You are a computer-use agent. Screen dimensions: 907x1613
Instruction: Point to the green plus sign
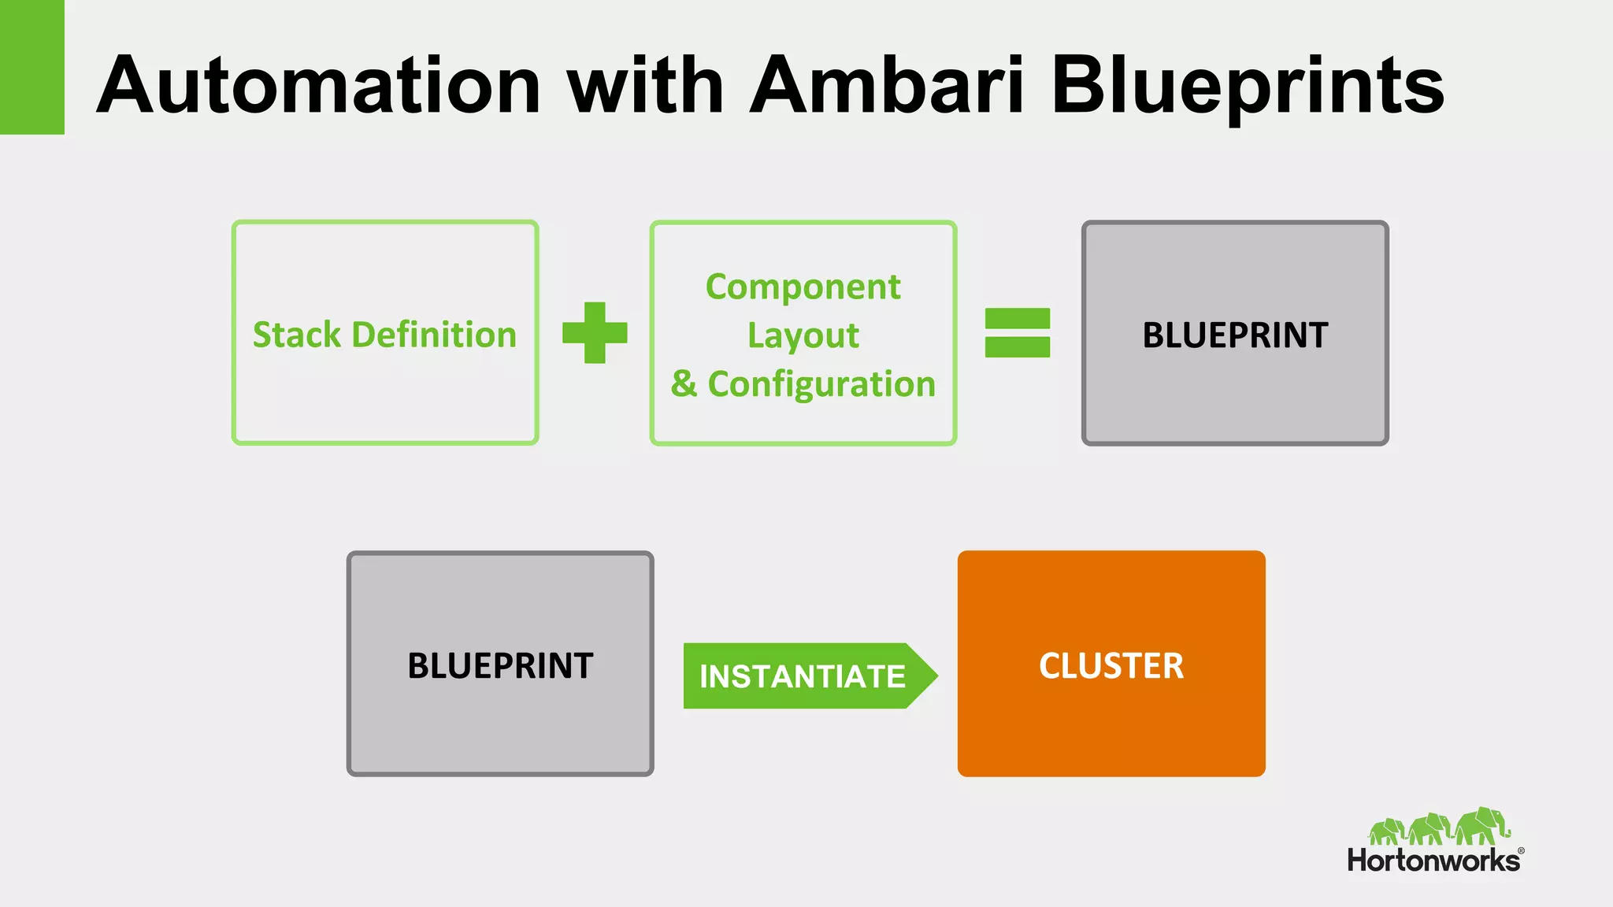pyautogui.click(x=595, y=333)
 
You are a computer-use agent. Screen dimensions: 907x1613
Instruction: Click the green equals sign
pyautogui.click(x=1018, y=333)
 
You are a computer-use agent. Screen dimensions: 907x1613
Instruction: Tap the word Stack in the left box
pyautogui.click(x=297, y=335)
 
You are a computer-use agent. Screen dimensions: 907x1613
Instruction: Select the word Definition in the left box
pyautogui.click(x=434, y=335)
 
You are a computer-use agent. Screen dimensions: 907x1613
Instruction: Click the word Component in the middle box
pyautogui.click(x=803, y=287)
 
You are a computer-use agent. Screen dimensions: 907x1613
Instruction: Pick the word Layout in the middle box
pyautogui.click(x=803, y=336)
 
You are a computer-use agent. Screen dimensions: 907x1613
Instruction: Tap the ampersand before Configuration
pyautogui.click(x=684, y=384)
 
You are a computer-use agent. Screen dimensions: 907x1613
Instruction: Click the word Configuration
pyautogui.click(x=821, y=384)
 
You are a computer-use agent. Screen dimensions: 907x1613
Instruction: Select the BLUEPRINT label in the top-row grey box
pyautogui.click(x=1235, y=335)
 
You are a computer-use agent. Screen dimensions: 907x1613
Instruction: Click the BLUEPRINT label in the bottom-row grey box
pyautogui.click(x=500, y=666)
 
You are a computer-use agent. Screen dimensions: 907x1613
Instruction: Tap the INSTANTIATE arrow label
pyautogui.click(x=802, y=676)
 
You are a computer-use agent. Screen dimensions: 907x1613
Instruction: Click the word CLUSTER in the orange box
pyautogui.click(x=1111, y=666)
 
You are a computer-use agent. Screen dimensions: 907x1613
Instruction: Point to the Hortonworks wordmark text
pyautogui.click(x=1433, y=861)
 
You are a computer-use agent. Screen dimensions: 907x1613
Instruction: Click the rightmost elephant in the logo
pyautogui.click(x=1481, y=827)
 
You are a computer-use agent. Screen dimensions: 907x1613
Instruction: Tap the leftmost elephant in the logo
pyautogui.click(x=1387, y=831)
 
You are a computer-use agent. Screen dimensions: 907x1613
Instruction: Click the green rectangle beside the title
pyautogui.click(x=32, y=67)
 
